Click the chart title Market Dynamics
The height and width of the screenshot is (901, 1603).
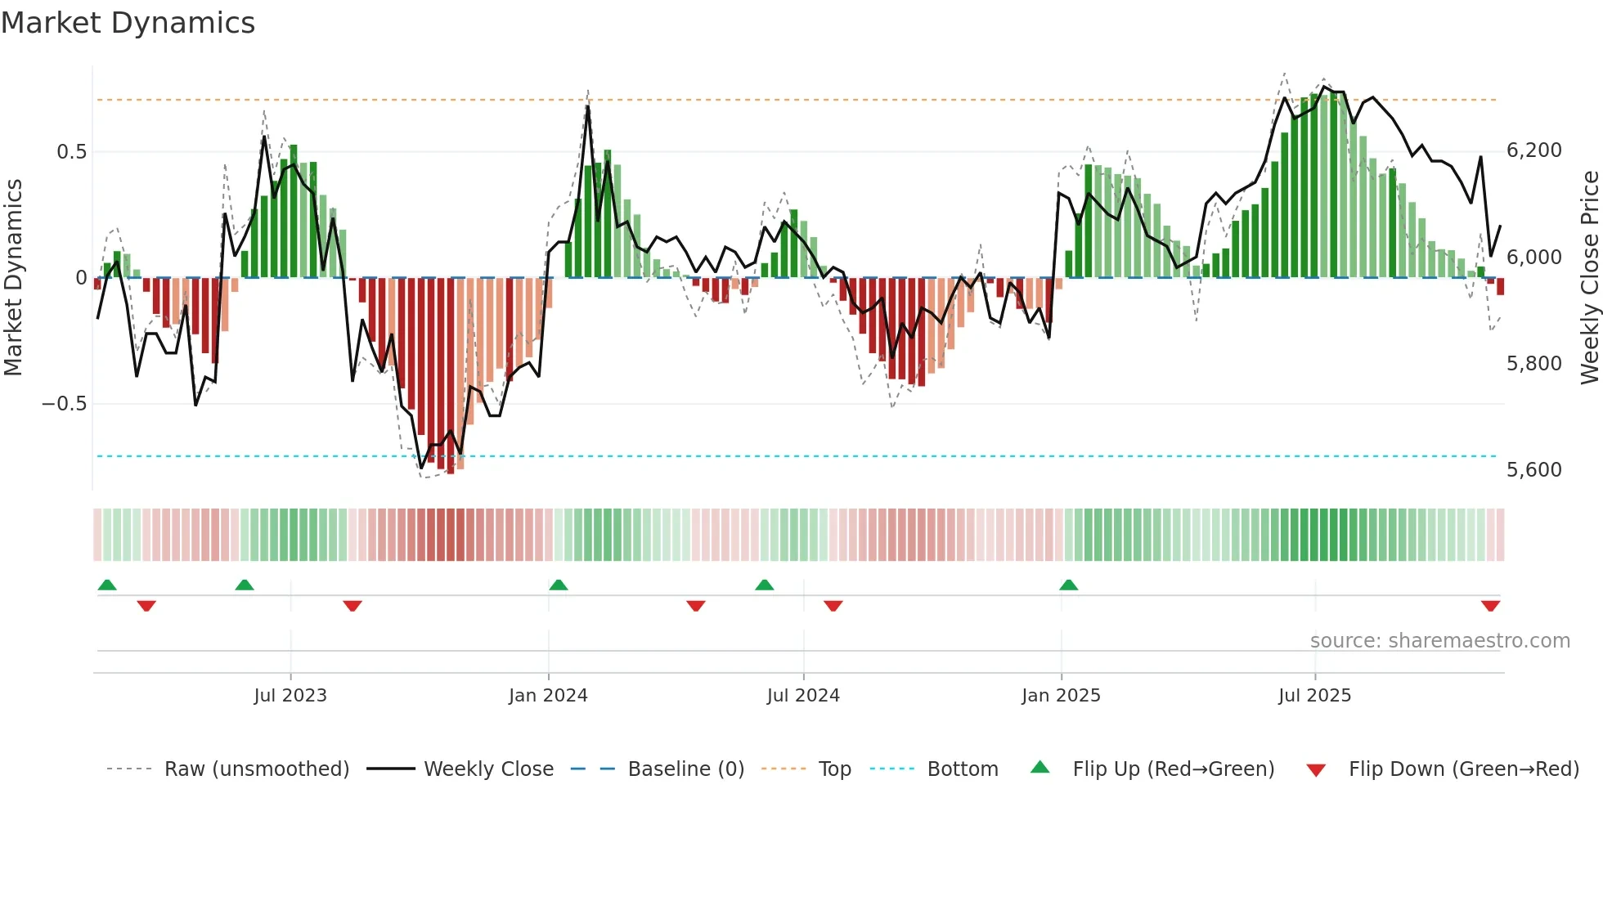pos(128,23)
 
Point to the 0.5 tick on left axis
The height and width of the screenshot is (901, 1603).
pos(71,152)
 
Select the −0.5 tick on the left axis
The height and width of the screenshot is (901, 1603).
pos(65,404)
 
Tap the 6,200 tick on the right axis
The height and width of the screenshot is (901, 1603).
pos(1533,150)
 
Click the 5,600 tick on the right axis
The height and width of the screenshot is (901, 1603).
pos(1533,470)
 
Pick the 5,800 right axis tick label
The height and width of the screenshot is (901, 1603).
pos(1533,364)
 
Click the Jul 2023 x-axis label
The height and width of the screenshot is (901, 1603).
pos(290,696)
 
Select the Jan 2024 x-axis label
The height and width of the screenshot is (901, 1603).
pos(548,696)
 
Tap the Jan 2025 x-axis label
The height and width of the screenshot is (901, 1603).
pos(1061,696)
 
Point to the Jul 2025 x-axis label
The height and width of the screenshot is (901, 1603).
pos(1314,696)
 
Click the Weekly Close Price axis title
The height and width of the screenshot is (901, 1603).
pos(1589,277)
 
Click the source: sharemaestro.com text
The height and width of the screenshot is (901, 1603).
pos(1439,641)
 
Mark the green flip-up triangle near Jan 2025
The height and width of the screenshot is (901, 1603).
pos(1068,585)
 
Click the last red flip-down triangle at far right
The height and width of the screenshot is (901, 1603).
pos(1490,606)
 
